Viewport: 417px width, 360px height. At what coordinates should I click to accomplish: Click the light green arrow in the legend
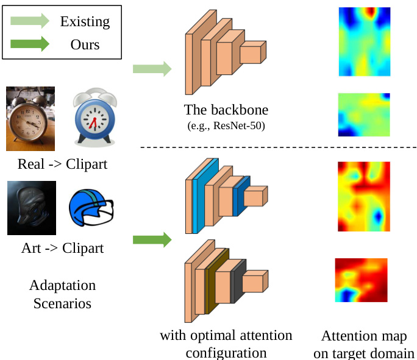click(30, 22)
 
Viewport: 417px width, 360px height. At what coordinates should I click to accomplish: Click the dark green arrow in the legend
click(30, 44)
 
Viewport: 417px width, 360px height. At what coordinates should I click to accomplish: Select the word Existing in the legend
click(85, 22)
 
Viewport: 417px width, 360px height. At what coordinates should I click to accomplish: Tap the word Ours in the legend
click(85, 44)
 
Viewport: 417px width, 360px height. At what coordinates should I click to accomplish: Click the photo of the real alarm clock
click(30, 119)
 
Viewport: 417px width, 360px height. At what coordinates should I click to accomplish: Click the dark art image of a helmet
click(32, 208)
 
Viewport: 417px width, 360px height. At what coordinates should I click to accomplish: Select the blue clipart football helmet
click(92, 208)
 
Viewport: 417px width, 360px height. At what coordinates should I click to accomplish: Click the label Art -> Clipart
click(62, 249)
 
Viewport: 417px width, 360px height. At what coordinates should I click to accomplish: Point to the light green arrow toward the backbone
click(152, 69)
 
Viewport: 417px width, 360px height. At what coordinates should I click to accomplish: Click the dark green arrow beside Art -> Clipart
click(152, 240)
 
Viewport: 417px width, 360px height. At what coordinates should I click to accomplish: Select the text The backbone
click(226, 110)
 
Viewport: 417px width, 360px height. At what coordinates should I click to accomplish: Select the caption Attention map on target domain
click(364, 345)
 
